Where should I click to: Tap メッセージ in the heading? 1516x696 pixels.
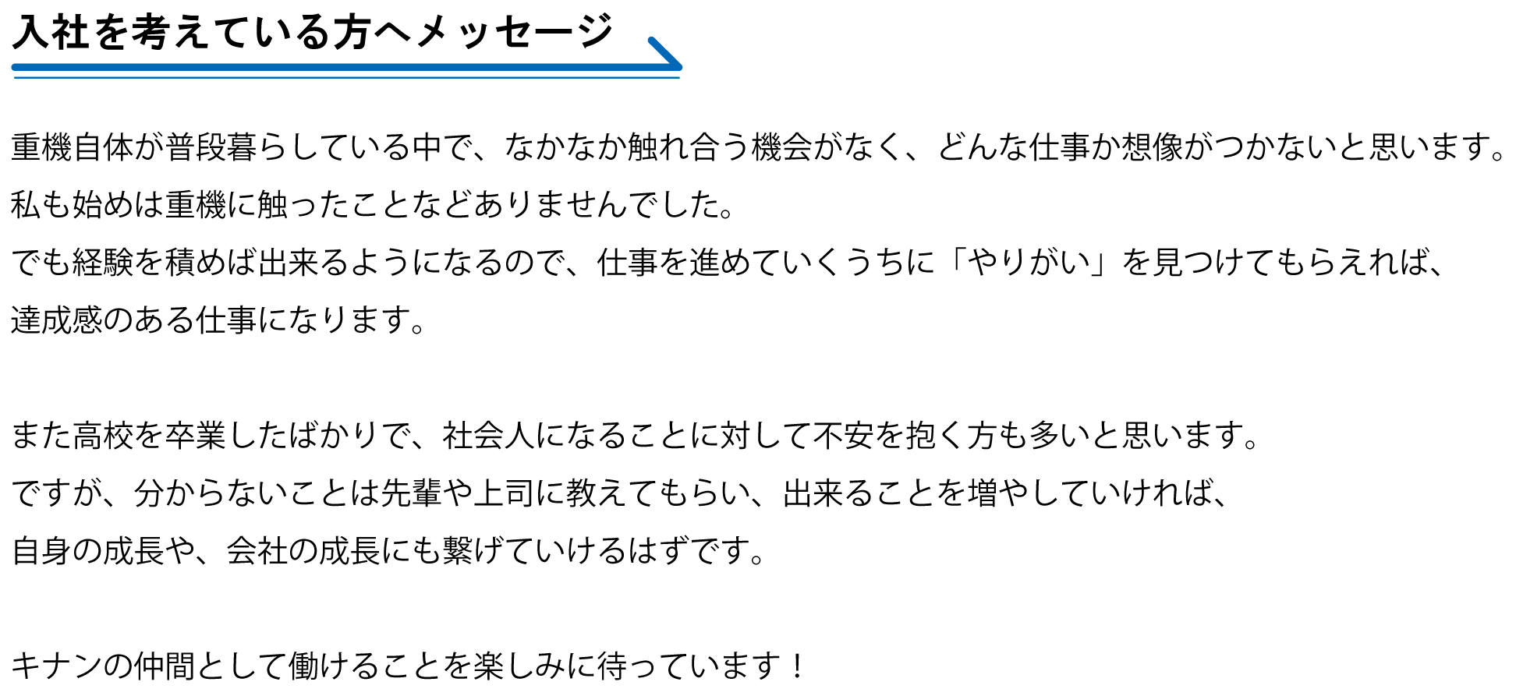coord(515,33)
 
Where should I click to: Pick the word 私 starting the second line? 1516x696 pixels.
coord(26,205)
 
